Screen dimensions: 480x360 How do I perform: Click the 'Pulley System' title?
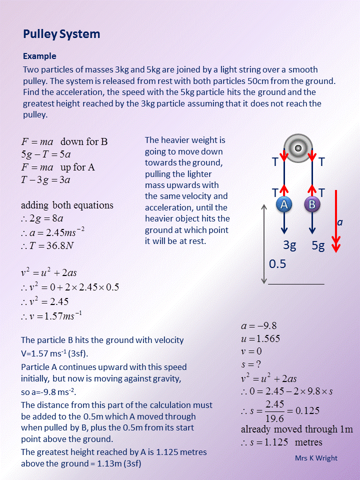[61, 34]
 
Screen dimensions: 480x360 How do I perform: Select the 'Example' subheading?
[39, 56]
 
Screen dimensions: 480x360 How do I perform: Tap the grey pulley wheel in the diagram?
[298, 147]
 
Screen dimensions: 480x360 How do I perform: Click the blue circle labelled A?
[284, 204]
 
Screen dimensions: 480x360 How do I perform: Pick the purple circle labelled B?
[312, 204]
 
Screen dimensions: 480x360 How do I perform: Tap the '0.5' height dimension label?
[277, 263]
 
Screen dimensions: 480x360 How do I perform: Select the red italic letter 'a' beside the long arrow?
[340, 222]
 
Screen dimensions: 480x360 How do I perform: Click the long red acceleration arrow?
[336, 220]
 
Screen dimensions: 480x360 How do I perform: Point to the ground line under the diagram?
[296, 284]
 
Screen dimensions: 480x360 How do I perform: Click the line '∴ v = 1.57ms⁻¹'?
[51, 316]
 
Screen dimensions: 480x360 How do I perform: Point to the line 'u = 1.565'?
[260, 338]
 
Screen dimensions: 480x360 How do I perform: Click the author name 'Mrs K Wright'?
[316, 457]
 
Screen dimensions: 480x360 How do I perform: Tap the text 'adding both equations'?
[67, 205]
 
